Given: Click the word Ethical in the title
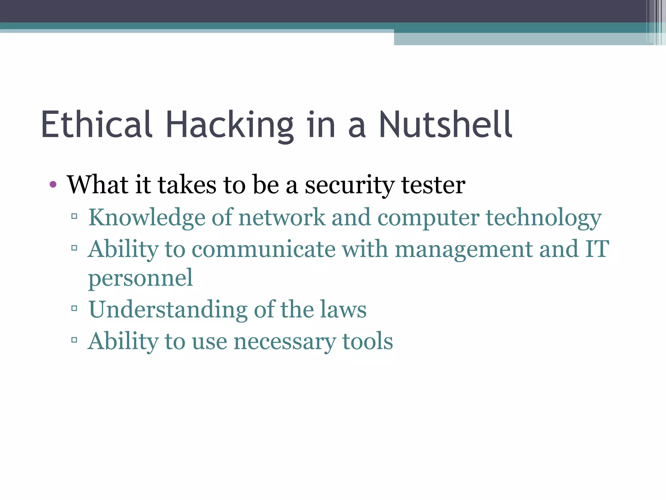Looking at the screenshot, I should (x=96, y=124).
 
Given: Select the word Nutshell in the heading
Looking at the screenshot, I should (x=446, y=124).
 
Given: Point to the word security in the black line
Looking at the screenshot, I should (x=349, y=186).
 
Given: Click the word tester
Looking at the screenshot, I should (x=433, y=185).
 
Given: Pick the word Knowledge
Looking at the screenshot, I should (x=147, y=217).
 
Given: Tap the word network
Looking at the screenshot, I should (x=282, y=217).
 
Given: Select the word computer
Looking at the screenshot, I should (x=428, y=217).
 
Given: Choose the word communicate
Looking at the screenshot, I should (x=263, y=249).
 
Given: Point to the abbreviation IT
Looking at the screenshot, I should (x=597, y=249).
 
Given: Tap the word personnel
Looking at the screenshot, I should (x=140, y=279).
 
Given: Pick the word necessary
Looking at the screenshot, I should (x=285, y=342).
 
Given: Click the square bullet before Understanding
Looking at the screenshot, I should (x=74, y=308).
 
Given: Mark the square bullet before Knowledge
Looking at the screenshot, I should (x=74, y=216).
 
